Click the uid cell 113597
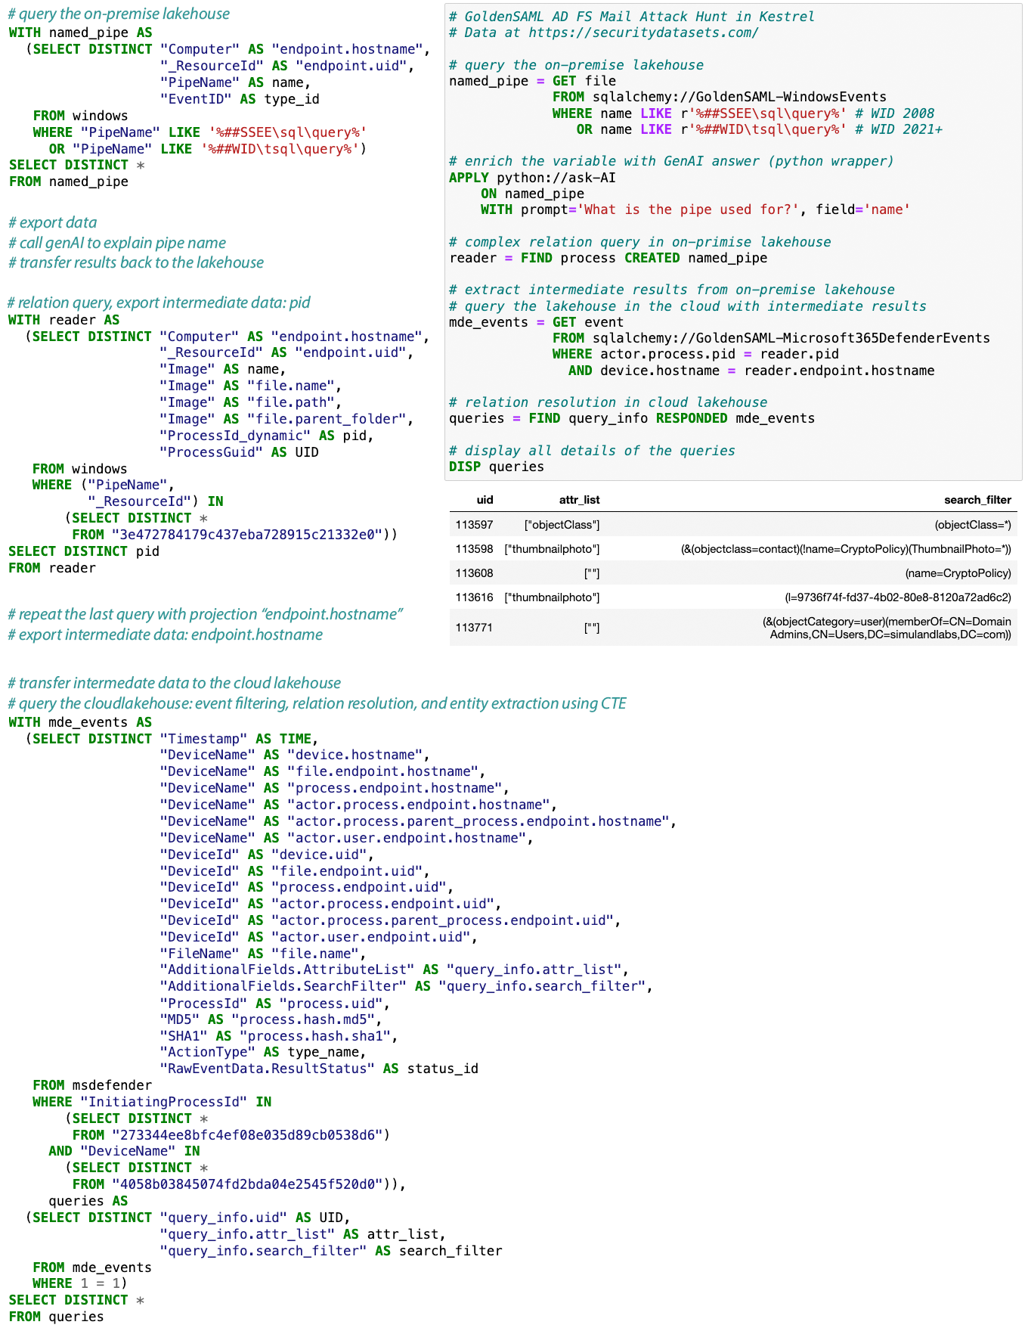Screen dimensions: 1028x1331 (x=474, y=525)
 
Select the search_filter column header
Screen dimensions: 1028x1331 (x=977, y=500)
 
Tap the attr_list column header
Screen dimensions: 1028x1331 (x=579, y=500)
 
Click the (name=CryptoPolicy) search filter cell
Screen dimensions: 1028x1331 (x=958, y=573)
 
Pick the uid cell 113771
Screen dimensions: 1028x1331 (x=474, y=628)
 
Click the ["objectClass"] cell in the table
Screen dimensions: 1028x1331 (x=562, y=525)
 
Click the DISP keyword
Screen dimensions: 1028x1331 (x=465, y=467)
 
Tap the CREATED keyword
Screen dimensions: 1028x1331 (x=652, y=258)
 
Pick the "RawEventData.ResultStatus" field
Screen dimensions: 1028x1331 (x=267, y=1069)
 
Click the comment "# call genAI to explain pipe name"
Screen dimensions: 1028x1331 (x=117, y=243)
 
